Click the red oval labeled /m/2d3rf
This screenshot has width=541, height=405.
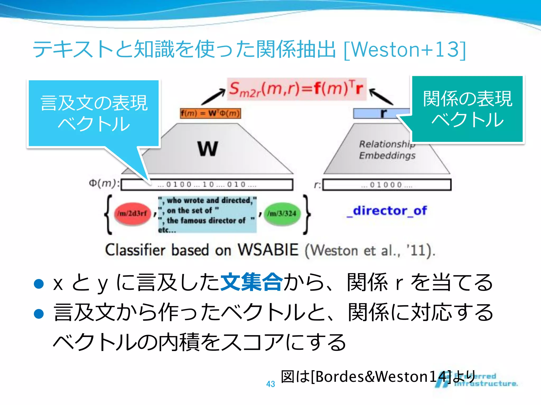(x=132, y=214)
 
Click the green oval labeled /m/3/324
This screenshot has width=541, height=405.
(x=282, y=214)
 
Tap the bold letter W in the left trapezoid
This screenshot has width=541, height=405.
(x=208, y=149)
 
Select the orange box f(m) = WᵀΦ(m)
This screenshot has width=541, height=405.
(x=211, y=113)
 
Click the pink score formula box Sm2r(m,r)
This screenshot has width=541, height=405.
(x=296, y=89)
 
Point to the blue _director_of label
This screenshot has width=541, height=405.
(x=387, y=211)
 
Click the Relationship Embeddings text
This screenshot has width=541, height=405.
(x=387, y=150)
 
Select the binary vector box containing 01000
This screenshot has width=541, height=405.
(x=387, y=185)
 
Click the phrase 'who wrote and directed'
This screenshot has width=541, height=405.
(x=209, y=200)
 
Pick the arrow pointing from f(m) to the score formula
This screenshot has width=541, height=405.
(x=213, y=97)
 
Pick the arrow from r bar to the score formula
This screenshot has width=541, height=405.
(x=381, y=97)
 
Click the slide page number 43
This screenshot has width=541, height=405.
(x=270, y=384)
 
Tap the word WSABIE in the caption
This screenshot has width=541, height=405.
(x=268, y=250)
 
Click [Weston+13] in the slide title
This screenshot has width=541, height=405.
(x=405, y=50)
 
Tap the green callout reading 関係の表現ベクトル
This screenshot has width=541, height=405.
(x=467, y=109)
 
